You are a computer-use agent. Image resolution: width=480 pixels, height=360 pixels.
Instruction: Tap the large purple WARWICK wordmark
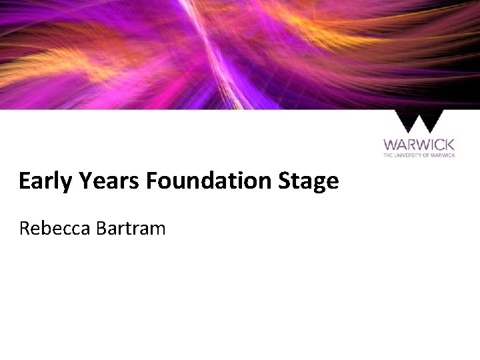(419, 145)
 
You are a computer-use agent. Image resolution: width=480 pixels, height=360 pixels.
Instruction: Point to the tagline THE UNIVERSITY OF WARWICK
(419, 155)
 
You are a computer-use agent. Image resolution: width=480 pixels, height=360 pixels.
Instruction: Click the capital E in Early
(25, 181)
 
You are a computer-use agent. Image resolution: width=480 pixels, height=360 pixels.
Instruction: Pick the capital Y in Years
(82, 181)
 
